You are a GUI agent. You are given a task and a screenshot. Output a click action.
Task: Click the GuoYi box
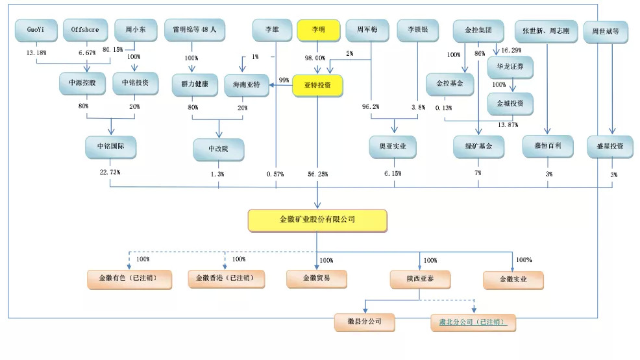[36, 30]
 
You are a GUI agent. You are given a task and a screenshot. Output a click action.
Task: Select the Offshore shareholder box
[84, 30]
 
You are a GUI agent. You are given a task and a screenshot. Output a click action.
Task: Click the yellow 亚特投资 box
[317, 85]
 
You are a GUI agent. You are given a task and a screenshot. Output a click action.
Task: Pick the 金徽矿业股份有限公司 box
[317, 220]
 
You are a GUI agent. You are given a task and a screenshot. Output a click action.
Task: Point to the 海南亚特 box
[246, 85]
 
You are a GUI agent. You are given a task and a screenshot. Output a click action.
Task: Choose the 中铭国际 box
[110, 147]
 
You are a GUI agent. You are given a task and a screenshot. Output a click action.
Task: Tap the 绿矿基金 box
[478, 147]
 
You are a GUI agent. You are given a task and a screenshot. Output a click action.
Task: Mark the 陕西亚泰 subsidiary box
[420, 279]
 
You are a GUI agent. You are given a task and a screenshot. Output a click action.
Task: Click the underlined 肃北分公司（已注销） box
[473, 322]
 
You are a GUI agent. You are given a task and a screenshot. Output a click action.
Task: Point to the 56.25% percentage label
[318, 174]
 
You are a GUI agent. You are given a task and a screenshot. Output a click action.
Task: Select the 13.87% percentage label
[508, 123]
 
